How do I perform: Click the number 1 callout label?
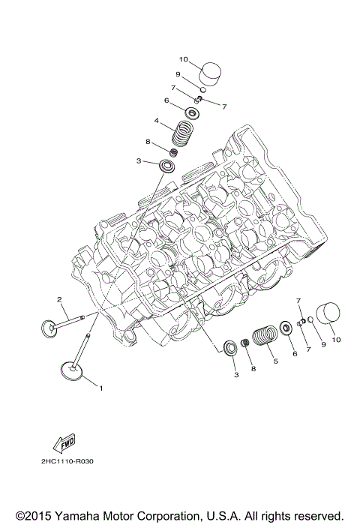pos(102,388)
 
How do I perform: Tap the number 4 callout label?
pos(156,121)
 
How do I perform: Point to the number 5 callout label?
pos(275,361)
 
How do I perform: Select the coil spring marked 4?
pos(181,134)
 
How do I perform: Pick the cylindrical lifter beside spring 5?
pos(327,315)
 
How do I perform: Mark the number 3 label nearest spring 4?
pos(138,160)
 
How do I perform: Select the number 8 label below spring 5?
pos(253,368)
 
